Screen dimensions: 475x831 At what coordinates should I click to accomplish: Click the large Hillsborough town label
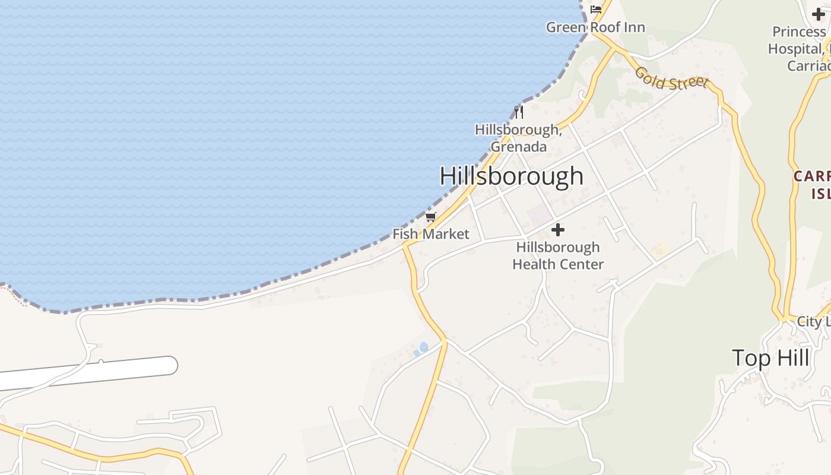511,176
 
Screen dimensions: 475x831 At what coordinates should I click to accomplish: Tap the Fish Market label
431,234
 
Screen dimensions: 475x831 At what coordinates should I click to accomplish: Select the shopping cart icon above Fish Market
431,217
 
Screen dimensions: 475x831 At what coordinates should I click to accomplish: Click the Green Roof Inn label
595,27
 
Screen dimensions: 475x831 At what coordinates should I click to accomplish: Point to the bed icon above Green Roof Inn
596,9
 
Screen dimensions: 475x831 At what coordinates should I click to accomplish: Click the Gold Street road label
671,78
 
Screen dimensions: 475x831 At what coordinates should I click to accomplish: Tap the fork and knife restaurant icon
519,112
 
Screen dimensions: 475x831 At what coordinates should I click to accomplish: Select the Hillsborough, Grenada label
518,137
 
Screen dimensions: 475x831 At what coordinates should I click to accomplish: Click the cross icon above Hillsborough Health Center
558,230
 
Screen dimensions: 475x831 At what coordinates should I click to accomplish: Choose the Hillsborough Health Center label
558,256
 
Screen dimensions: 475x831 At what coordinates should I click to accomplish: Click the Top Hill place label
770,358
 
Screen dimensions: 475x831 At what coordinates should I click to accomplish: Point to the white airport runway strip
89,373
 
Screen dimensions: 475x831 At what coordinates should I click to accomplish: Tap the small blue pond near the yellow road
423,347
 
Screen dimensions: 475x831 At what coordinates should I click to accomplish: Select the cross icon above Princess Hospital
819,15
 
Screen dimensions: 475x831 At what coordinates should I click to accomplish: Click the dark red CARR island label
812,184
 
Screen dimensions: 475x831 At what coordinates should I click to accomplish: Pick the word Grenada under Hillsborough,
518,146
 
